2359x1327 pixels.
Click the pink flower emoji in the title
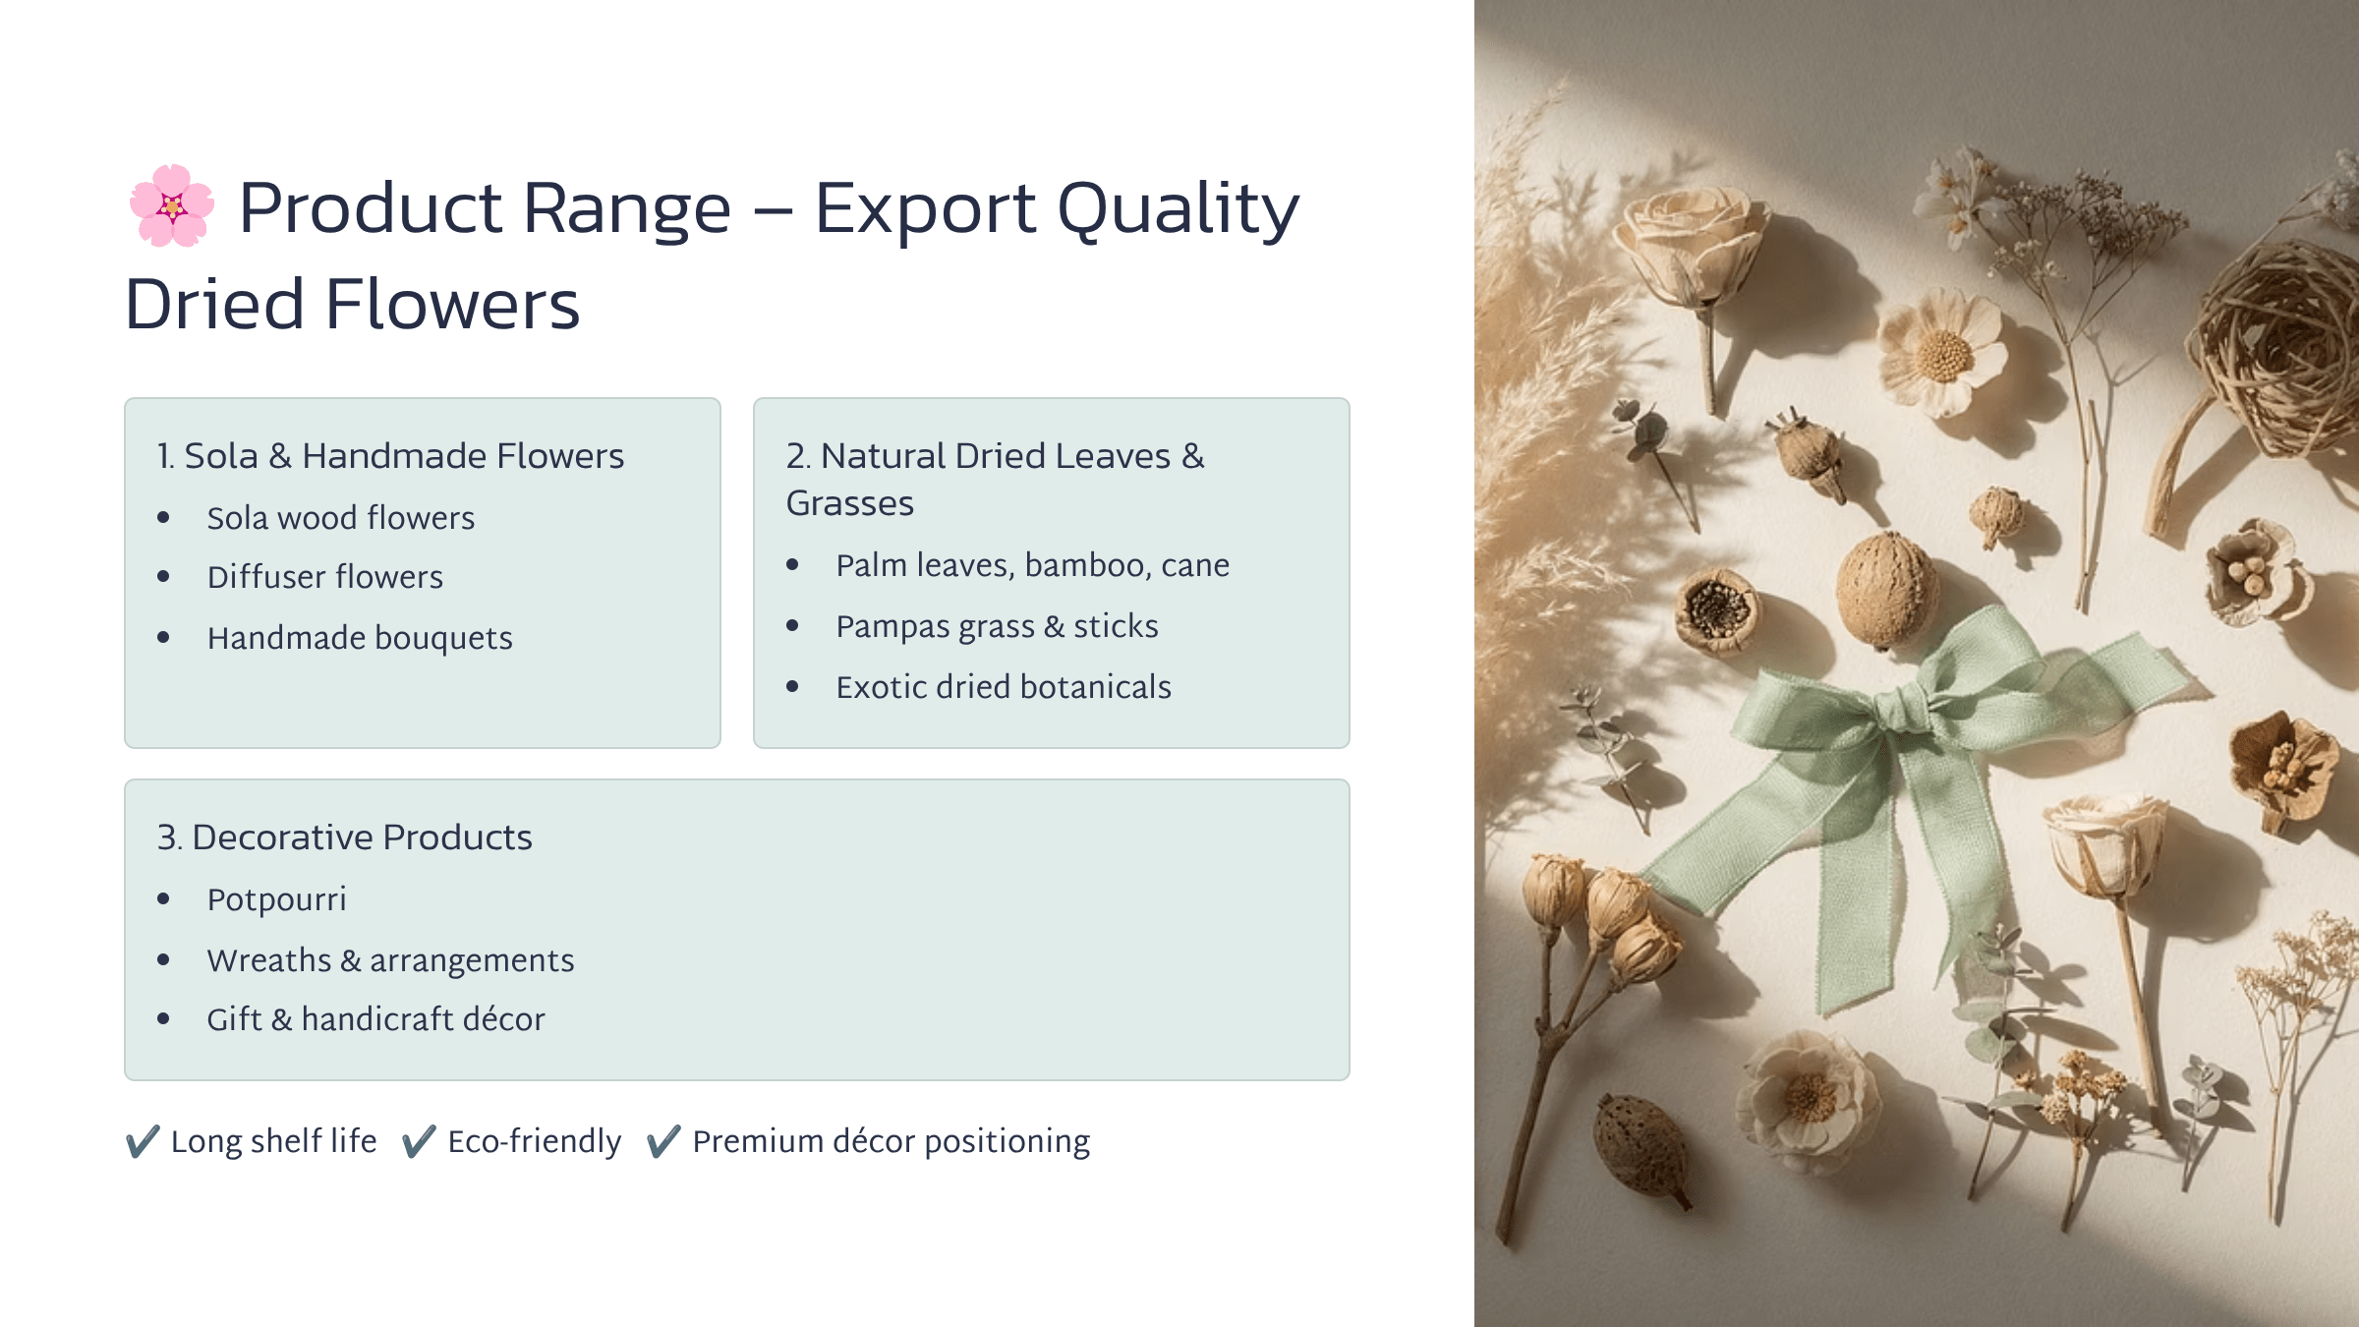[x=172, y=206]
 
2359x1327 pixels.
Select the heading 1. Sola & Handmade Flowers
[x=390, y=456]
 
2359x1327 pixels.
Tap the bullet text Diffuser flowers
[x=324, y=577]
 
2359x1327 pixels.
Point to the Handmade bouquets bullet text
[x=360, y=638]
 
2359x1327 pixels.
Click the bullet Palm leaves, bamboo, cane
[x=1032, y=565]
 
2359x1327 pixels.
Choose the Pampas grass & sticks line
[x=997, y=626]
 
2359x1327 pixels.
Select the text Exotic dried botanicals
[x=1003, y=687]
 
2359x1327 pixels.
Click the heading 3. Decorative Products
[x=344, y=837]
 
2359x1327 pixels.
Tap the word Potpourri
[x=276, y=899]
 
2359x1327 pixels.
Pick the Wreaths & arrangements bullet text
[x=390, y=960]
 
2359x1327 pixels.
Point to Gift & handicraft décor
[x=375, y=1019]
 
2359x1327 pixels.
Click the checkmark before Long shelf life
[x=143, y=1141]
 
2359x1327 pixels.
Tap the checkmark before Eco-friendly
[x=419, y=1141]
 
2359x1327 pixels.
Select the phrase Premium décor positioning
[x=891, y=1141]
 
